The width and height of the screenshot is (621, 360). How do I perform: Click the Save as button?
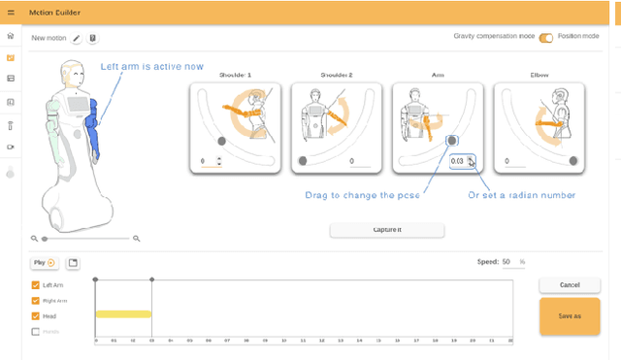pyautogui.click(x=570, y=316)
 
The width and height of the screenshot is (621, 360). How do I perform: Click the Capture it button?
pyautogui.click(x=387, y=230)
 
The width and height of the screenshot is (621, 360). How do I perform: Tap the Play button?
pyautogui.click(x=45, y=263)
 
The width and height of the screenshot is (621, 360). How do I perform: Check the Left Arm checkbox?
pyautogui.click(x=36, y=285)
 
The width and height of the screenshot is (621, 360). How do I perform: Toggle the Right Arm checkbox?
pyautogui.click(x=36, y=301)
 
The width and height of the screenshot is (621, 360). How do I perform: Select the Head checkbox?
pyautogui.click(x=36, y=316)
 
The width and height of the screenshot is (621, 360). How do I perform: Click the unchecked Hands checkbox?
pyautogui.click(x=36, y=332)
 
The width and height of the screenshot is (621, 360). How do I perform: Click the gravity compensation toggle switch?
pyautogui.click(x=546, y=37)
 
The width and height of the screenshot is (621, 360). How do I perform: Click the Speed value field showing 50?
pyautogui.click(x=507, y=262)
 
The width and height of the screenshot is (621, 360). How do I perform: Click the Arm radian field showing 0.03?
pyautogui.click(x=457, y=161)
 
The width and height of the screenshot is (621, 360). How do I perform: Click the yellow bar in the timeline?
pyautogui.click(x=123, y=313)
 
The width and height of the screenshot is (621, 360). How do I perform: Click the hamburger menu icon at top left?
pyautogui.click(x=11, y=11)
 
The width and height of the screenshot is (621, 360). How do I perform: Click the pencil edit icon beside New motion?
pyautogui.click(x=77, y=38)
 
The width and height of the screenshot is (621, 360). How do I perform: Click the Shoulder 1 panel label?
pyautogui.click(x=237, y=75)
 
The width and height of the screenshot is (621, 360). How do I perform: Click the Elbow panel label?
pyautogui.click(x=539, y=75)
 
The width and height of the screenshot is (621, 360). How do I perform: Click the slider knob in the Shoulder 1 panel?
pyautogui.click(x=221, y=142)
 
